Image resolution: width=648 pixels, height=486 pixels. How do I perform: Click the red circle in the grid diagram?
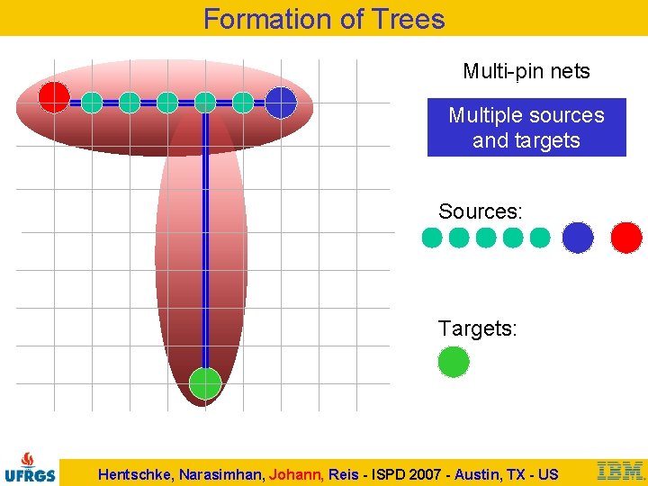tap(54, 97)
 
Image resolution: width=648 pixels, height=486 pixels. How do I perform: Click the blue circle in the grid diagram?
tap(281, 103)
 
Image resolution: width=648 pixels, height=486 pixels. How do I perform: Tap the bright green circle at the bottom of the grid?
tap(205, 383)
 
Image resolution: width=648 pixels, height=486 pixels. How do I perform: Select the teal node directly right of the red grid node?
tap(92, 103)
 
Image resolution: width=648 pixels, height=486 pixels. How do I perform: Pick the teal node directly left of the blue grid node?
tap(243, 103)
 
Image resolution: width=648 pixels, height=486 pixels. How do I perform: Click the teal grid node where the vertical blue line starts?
tap(205, 103)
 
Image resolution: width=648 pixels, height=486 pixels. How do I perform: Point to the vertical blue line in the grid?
tap(205, 243)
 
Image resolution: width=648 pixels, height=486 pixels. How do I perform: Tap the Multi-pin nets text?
tap(526, 71)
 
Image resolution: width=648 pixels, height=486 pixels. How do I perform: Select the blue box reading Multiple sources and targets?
tap(526, 128)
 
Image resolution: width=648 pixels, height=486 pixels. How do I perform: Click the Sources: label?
tap(480, 211)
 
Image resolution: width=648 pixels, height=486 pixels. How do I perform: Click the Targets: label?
tap(478, 328)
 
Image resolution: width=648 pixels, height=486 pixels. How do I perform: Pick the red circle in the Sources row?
tap(626, 238)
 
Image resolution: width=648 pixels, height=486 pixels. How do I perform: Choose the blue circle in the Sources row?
tap(578, 238)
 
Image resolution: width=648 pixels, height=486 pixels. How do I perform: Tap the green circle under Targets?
tap(454, 362)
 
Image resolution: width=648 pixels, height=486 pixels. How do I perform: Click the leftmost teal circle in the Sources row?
tap(432, 238)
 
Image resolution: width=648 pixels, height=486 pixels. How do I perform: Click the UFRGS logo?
tap(30, 467)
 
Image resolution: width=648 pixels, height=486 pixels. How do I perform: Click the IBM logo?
tap(620, 470)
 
